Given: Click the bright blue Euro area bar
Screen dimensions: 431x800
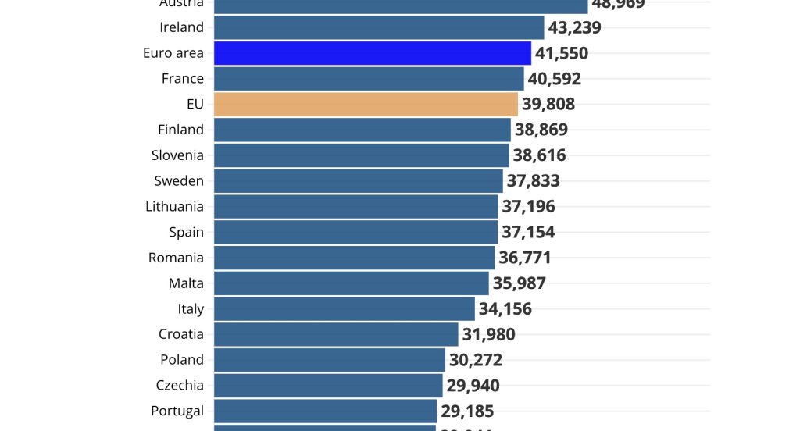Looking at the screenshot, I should [372, 53].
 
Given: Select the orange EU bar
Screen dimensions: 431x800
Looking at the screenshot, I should [366, 104].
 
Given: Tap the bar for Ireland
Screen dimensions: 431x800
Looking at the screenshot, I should [378, 27].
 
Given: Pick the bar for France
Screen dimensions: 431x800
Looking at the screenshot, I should [368, 78].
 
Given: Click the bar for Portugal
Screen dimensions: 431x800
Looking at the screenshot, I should [325, 411].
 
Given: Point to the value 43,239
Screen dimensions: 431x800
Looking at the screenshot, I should [574, 27].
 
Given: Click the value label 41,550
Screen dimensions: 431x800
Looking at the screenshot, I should [562, 53].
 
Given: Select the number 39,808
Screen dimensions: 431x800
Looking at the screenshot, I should [548, 104].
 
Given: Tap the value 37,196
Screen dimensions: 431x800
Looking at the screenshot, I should [528, 206].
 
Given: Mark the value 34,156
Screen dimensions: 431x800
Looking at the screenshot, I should [505, 308].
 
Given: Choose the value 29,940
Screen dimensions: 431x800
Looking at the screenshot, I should [473, 385].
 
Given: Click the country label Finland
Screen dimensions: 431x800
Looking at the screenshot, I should [180, 130].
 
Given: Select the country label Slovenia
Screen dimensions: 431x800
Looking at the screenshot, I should [177, 155].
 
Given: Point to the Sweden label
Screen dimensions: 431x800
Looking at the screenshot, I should [179, 181].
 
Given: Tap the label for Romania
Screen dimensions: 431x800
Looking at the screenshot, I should [176, 258].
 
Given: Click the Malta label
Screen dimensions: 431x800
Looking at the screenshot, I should [186, 283].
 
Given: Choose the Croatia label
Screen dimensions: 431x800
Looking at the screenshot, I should [180, 334].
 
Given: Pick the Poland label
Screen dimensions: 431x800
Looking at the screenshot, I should [182, 360].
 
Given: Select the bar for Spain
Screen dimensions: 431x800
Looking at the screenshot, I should [355, 232].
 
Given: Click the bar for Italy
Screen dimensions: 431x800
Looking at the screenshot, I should [344, 308].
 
